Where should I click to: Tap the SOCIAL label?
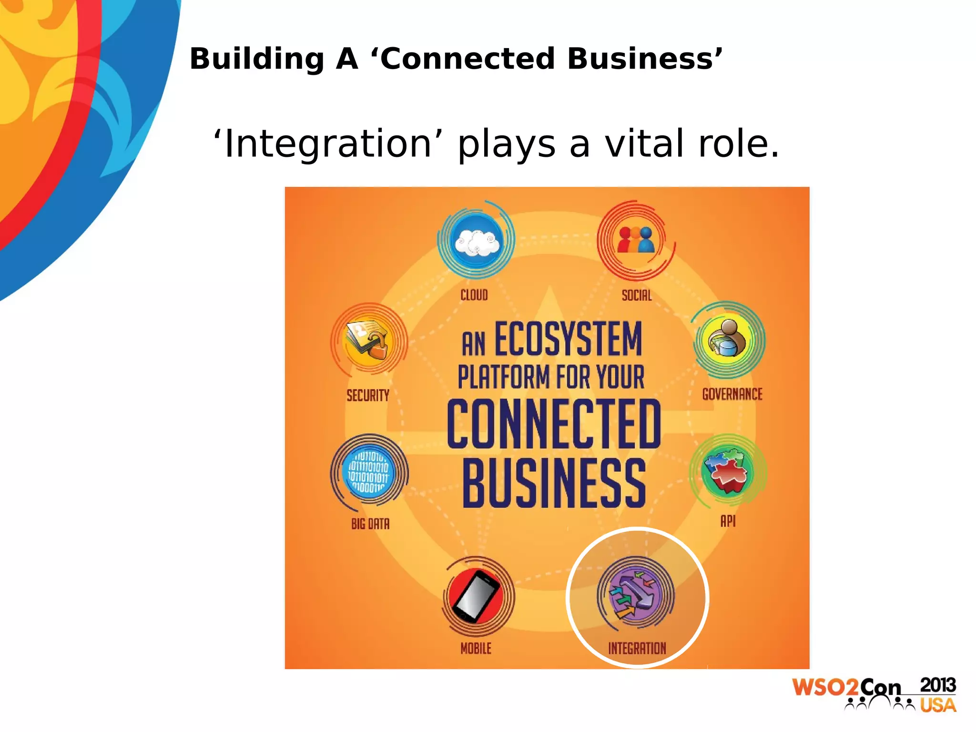(x=636, y=295)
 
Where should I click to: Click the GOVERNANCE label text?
(x=732, y=394)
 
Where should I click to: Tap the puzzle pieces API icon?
(x=727, y=471)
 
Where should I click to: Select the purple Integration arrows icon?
(x=635, y=595)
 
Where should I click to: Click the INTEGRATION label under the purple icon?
(x=637, y=648)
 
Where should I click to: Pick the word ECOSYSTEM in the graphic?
(x=568, y=339)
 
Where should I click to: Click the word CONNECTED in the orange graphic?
(x=554, y=424)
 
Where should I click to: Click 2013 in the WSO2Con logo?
(x=937, y=685)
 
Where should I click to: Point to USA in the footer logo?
(x=937, y=705)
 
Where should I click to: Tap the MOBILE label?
(x=476, y=648)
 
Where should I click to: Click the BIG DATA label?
(x=370, y=524)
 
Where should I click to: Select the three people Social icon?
(x=636, y=240)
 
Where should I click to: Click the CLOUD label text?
(x=474, y=295)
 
